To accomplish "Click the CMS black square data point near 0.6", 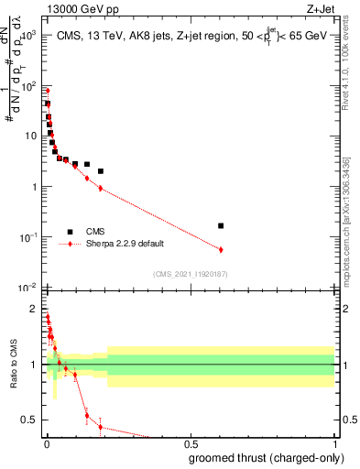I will tap(221, 225).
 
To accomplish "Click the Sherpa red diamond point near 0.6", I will tap(221, 249).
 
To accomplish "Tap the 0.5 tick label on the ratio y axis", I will tap(28, 420).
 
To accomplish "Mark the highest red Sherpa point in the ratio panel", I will tap(48, 317).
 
